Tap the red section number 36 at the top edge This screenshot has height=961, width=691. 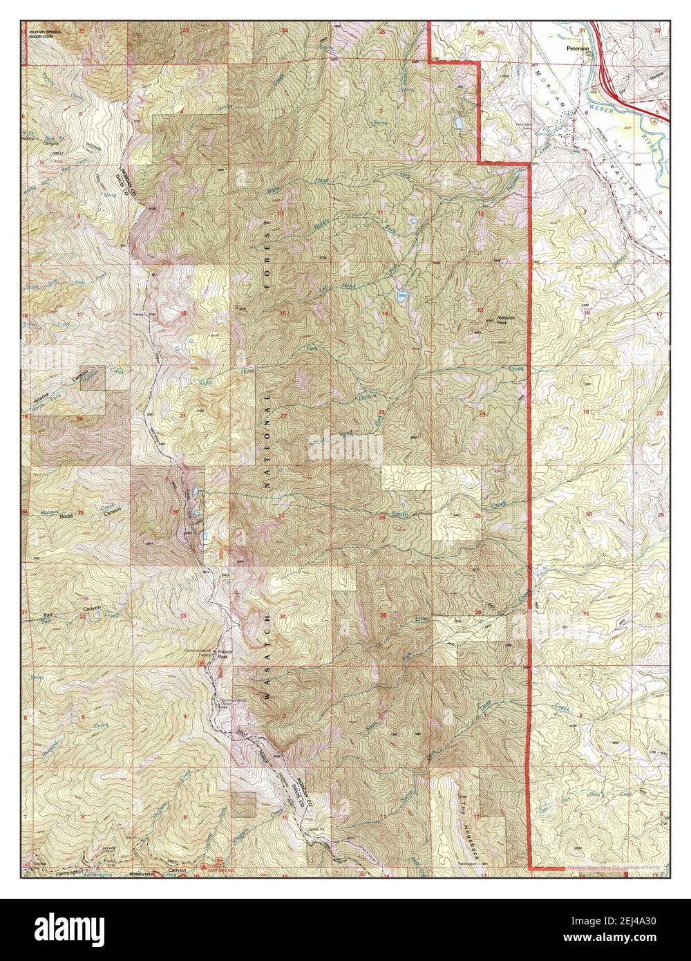(499, 32)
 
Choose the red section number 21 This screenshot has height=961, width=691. (182, 416)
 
